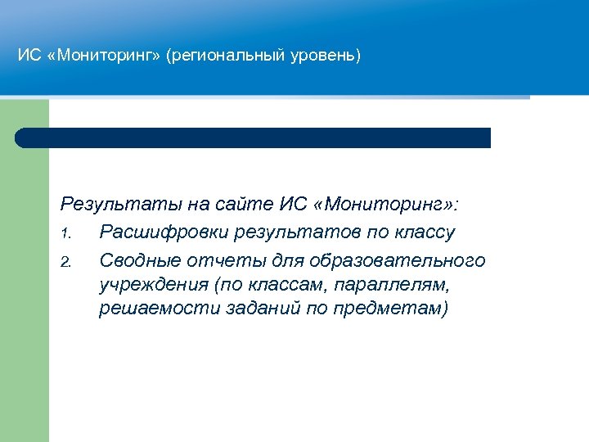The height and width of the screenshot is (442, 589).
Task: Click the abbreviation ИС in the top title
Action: [x=28, y=56]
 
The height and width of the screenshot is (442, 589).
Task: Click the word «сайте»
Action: [x=245, y=203]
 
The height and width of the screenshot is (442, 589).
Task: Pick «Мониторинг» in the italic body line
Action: [x=384, y=203]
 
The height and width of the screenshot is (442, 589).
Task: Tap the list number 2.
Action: [x=65, y=263]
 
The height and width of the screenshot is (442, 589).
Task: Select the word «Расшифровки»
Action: [x=162, y=232]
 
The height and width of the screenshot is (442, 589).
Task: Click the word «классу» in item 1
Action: [x=424, y=232]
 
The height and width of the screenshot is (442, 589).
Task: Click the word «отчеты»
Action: [x=222, y=260]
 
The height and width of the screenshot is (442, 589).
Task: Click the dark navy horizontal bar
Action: [x=253, y=138]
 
